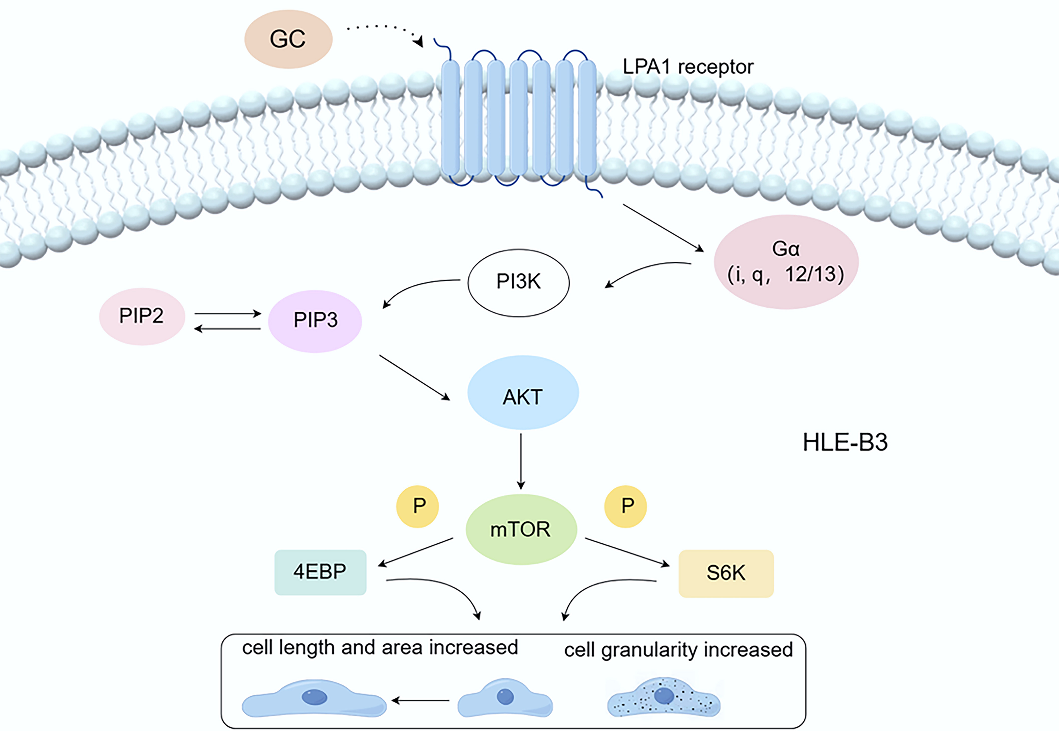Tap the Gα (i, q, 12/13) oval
(x=786, y=262)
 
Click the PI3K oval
(x=518, y=283)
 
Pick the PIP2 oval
(x=142, y=316)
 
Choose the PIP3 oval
(x=315, y=321)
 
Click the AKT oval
(x=523, y=392)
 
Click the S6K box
(x=726, y=573)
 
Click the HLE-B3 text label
(x=845, y=442)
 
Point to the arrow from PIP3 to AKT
(x=414, y=377)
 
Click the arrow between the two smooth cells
(x=420, y=700)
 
